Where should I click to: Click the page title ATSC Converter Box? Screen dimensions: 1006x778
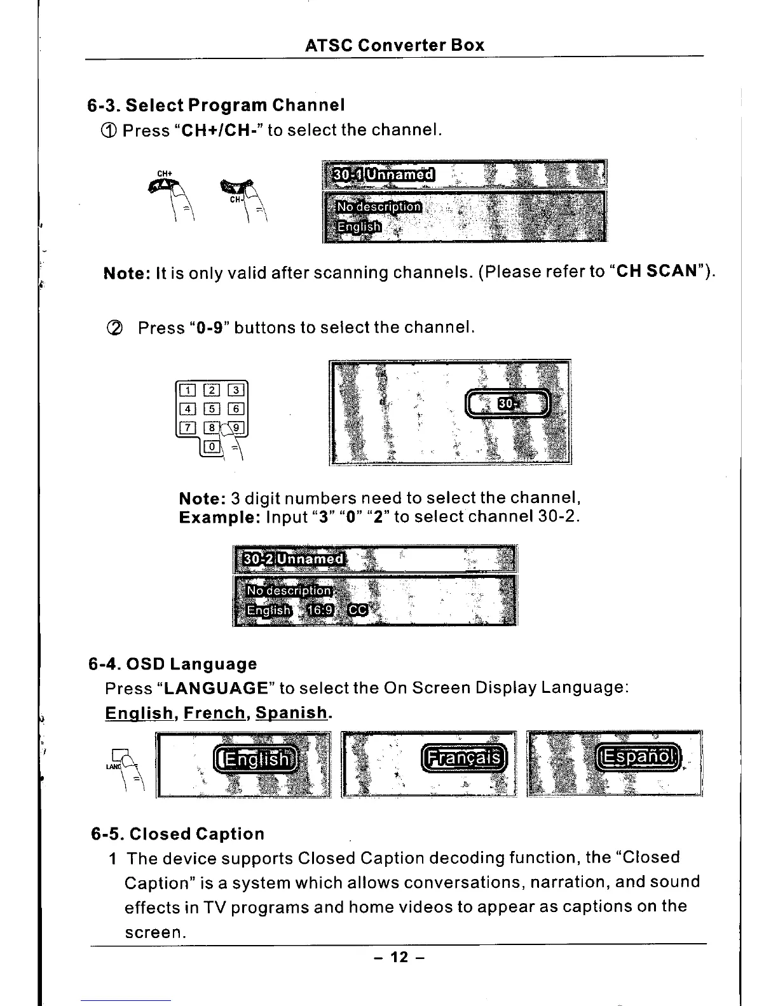click(x=394, y=46)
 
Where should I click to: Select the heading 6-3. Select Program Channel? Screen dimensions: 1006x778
click(x=216, y=104)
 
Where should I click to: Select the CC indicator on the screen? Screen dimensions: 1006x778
click(x=358, y=610)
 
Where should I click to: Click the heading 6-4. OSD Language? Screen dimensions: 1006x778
click(x=173, y=664)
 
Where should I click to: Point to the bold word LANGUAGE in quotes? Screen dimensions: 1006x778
click(x=217, y=688)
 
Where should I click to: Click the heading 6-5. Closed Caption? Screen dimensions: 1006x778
click(x=178, y=834)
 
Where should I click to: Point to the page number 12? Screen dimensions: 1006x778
click(x=398, y=957)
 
